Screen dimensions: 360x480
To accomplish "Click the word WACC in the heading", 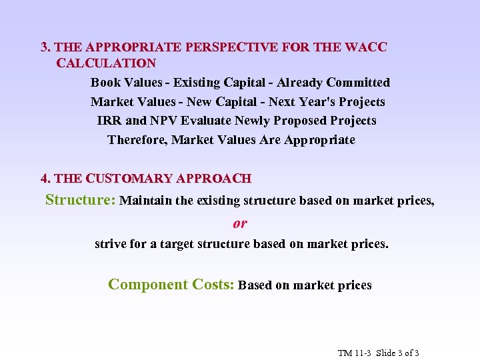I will tap(365, 47).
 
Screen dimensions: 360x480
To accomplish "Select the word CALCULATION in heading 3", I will tap(106, 63).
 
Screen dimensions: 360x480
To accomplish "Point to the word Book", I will tap(106, 83).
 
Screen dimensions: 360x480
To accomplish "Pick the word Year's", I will tap(317, 102).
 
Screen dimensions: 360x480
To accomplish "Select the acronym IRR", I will tap(109, 121).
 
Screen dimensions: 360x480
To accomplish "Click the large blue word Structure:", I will tap(81, 200).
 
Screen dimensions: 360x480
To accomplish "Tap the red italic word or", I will tap(240, 223).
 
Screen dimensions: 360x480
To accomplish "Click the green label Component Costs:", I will tap(171, 285).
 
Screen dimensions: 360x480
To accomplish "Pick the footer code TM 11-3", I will tap(353, 353).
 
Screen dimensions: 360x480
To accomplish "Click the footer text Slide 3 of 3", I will tap(397, 353).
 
